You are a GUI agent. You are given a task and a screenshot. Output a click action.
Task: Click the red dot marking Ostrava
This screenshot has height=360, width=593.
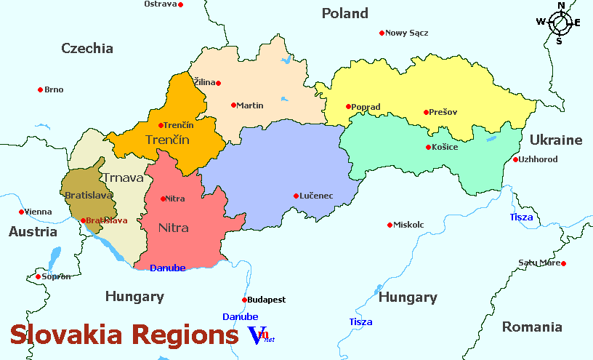click(x=181, y=4)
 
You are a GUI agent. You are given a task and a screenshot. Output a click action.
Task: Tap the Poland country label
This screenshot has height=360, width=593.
click(x=344, y=13)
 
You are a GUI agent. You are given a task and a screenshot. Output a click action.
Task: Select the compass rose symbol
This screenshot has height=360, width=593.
click(x=560, y=23)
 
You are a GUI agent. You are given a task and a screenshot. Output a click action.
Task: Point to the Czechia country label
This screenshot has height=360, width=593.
click(x=87, y=49)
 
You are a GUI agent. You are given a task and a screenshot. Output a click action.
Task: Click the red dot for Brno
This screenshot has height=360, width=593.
click(x=40, y=89)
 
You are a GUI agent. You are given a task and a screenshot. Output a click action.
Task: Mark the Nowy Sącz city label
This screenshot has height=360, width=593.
click(x=407, y=33)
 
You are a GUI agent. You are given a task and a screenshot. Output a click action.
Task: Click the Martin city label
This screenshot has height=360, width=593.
click(x=250, y=105)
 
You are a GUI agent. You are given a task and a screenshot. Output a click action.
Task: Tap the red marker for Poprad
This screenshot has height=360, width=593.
click(x=348, y=107)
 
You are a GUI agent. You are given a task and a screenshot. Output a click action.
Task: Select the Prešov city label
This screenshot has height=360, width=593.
click(x=443, y=112)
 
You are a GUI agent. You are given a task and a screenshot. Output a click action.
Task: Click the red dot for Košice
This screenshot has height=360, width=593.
click(x=428, y=148)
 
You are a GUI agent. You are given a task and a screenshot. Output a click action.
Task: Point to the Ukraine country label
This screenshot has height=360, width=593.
click(x=556, y=140)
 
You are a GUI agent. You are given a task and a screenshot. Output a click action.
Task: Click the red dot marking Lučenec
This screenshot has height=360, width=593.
click(x=296, y=196)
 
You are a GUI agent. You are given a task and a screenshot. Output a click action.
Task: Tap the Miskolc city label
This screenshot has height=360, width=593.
click(x=408, y=225)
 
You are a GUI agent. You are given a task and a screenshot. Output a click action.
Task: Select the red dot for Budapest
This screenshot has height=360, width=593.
click(x=244, y=300)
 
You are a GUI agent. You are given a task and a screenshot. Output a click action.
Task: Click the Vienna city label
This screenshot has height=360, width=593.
click(x=39, y=212)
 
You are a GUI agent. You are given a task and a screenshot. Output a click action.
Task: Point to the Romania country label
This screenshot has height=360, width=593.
click(x=532, y=327)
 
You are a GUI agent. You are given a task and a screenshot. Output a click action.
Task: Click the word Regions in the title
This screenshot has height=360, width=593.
click(x=185, y=335)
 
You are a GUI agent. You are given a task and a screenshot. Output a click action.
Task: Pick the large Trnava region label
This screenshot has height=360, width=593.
click(x=121, y=177)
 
